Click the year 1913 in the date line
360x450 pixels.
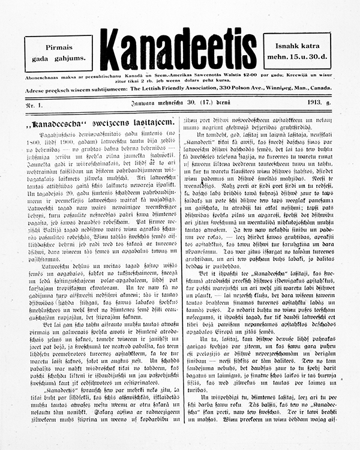click(x=317, y=104)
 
